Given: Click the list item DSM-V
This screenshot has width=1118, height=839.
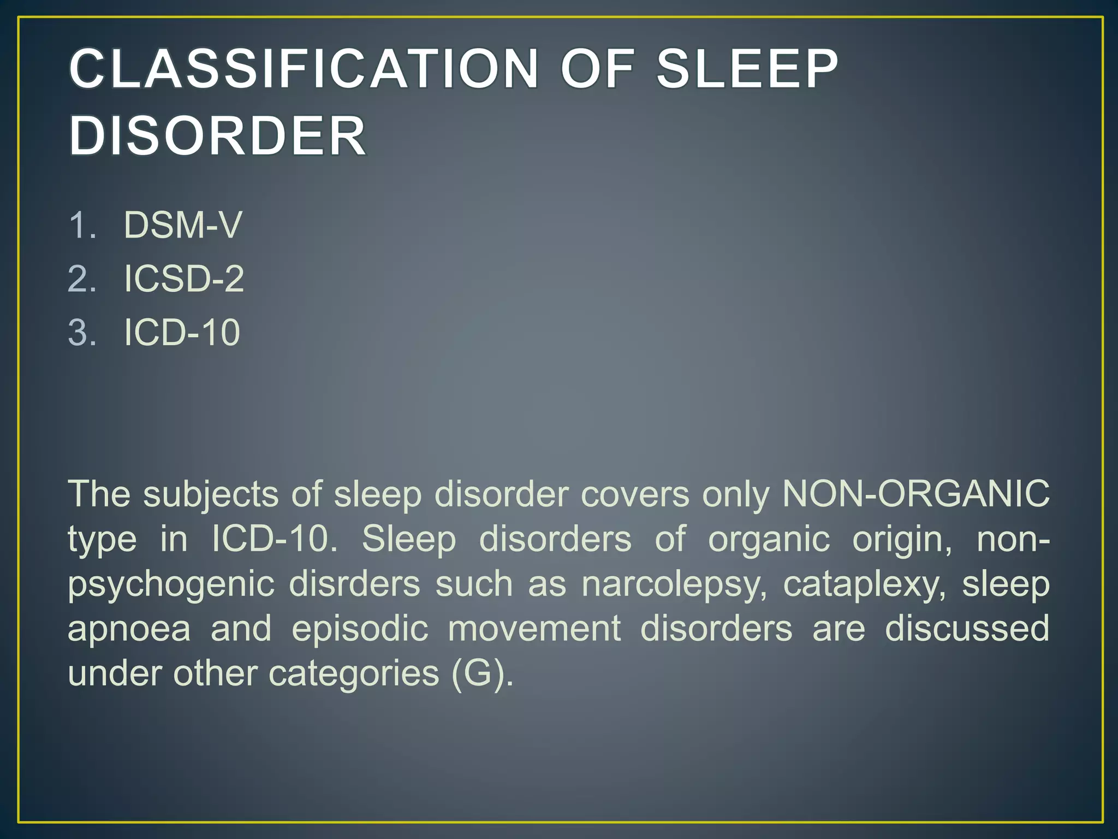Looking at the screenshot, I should click(x=183, y=224).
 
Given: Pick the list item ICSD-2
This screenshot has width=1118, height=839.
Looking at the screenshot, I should click(x=184, y=279).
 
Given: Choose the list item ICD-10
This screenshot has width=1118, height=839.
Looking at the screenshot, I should click(x=182, y=332).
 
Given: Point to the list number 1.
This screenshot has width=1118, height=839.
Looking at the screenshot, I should click(x=82, y=224).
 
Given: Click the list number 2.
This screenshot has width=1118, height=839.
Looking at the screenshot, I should click(x=82, y=279).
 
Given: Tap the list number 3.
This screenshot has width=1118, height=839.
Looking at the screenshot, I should click(x=82, y=332).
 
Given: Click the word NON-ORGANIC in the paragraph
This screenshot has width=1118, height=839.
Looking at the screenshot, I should click(x=915, y=494).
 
